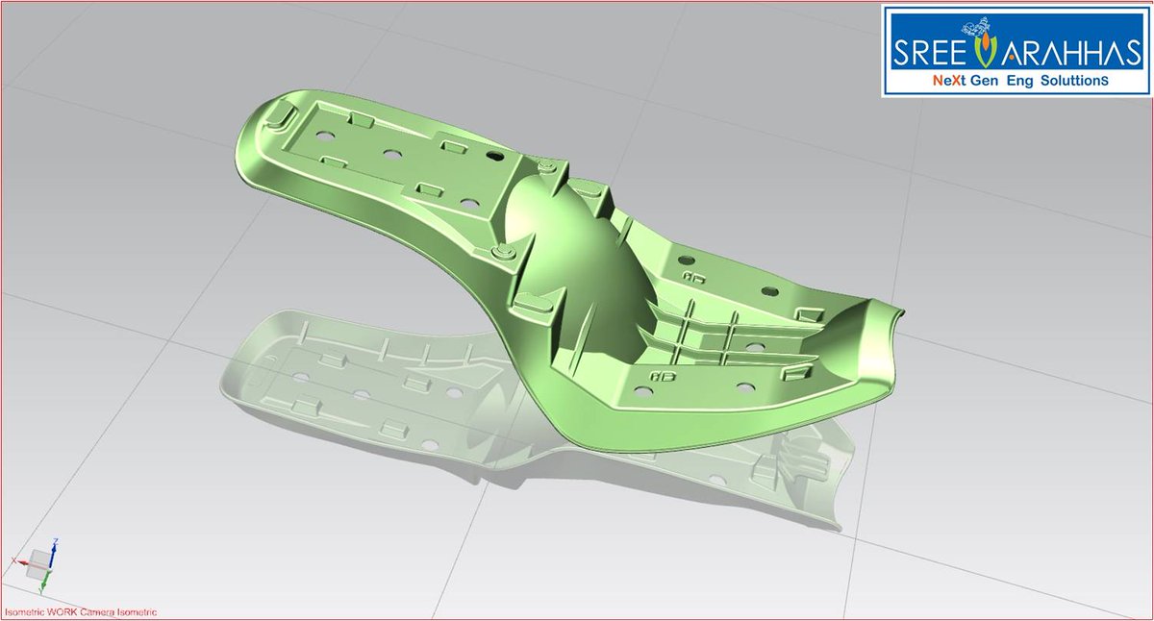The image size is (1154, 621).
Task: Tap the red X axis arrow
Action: [x=18, y=559]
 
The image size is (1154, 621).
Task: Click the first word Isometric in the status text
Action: [x=24, y=612]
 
